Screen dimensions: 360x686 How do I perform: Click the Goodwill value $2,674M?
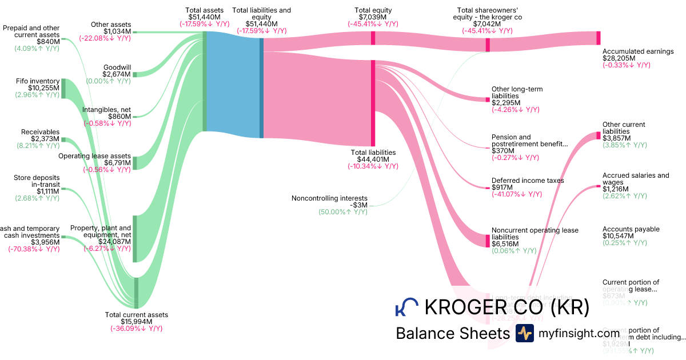click(x=117, y=74)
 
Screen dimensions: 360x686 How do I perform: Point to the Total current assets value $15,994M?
click(x=136, y=322)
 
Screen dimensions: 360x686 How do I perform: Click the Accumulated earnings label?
click(x=638, y=51)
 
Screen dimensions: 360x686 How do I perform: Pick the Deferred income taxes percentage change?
click(x=516, y=194)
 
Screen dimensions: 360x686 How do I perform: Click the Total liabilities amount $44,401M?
click(x=373, y=159)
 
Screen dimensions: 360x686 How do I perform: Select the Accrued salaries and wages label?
click(x=635, y=179)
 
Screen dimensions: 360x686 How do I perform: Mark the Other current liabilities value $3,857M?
click(x=616, y=139)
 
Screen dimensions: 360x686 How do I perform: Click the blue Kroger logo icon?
click(x=406, y=307)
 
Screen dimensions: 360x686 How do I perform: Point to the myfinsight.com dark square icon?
click(x=525, y=333)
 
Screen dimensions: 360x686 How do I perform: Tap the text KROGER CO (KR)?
click(x=506, y=307)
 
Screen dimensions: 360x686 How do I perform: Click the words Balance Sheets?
click(x=452, y=334)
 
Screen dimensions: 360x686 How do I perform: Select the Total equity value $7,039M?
click(x=373, y=17)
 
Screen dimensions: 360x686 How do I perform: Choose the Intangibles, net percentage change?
click(x=107, y=123)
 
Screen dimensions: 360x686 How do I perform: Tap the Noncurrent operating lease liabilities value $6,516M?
click(x=505, y=244)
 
